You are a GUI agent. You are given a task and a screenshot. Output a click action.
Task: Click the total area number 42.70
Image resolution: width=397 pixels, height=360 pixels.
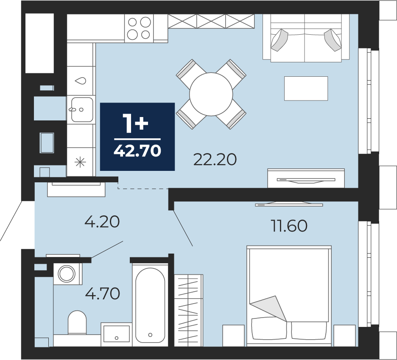pyautogui.click(x=137, y=151)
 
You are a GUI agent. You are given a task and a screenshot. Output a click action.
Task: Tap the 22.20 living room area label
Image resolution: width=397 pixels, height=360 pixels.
pyautogui.click(x=215, y=159)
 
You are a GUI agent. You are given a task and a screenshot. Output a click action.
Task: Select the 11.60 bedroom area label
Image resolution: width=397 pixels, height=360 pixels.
pyautogui.click(x=289, y=226)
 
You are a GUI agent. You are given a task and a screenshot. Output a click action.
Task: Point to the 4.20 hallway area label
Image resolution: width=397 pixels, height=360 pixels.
pyautogui.click(x=102, y=222)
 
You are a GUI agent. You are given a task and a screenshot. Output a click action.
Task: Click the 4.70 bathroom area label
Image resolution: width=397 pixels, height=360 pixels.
pyautogui.click(x=102, y=294)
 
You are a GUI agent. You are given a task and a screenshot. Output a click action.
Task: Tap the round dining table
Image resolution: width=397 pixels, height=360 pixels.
pyautogui.click(x=211, y=94)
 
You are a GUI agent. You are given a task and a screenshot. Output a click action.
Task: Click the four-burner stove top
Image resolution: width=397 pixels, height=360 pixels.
pyautogui.click(x=139, y=28)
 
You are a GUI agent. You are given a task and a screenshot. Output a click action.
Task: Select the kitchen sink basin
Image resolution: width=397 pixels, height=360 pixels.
pyautogui.click(x=82, y=110)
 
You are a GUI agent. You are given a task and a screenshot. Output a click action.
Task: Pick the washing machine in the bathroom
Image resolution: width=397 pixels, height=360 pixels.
pyautogui.click(x=67, y=273)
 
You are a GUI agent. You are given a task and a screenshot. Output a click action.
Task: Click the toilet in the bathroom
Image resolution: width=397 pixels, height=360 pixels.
pyautogui.click(x=77, y=323)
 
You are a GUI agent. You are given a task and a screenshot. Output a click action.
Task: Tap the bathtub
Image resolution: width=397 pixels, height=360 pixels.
pyautogui.click(x=150, y=304)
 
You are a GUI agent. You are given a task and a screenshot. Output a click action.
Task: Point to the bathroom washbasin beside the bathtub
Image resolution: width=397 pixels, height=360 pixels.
pyautogui.click(x=117, y=334)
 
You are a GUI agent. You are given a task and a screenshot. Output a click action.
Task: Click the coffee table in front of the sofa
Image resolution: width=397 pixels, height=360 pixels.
pyautogui.click(x=306, y=88)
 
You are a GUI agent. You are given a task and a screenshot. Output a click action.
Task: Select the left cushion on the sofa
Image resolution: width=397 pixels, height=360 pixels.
pyautogui.click(x=280, y=40)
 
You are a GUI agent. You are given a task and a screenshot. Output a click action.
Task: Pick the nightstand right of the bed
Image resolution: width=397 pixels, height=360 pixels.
pyautogui.click(x=344, y=335)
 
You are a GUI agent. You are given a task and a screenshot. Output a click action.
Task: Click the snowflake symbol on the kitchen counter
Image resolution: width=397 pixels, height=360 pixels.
pyautogui.click(x=80, y=162)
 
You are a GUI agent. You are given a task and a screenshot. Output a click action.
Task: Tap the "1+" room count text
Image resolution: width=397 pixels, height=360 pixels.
pyautogui.click(x=135, y=123)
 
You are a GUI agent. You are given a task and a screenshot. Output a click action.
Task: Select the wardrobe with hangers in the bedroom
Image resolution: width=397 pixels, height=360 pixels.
pyautogui.click(x=189, y=310)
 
